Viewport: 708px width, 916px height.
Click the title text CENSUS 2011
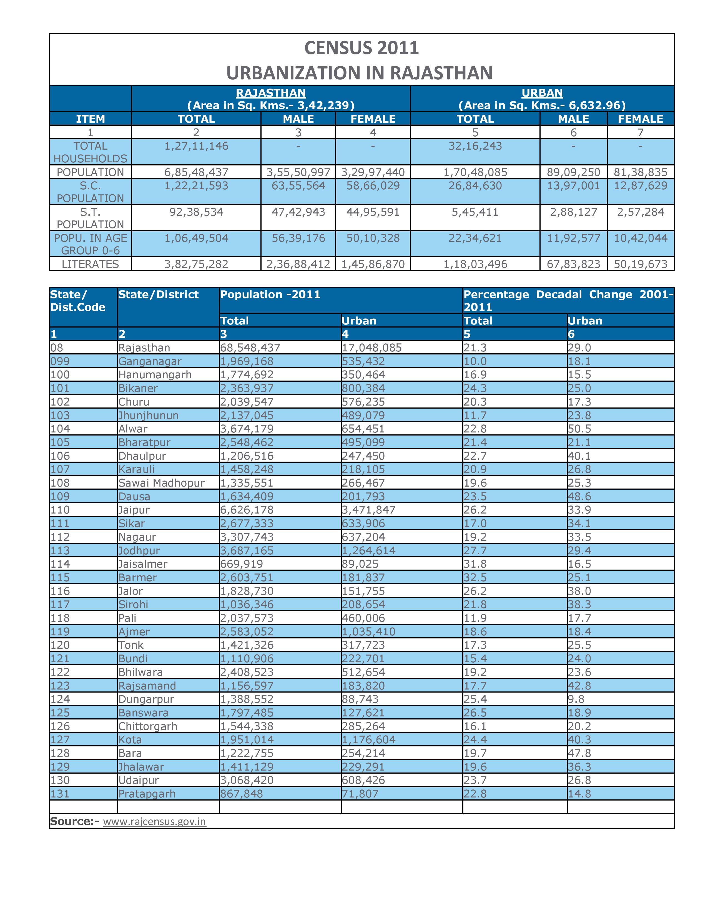361,48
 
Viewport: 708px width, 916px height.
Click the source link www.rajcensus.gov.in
154,821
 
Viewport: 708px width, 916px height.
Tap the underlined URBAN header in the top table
542,93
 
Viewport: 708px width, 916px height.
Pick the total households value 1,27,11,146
196,146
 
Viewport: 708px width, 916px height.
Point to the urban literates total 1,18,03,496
475,264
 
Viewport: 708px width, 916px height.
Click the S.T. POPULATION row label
90,218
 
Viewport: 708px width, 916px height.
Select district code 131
60,794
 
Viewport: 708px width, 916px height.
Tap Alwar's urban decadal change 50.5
579,429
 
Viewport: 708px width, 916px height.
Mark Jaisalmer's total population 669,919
241,564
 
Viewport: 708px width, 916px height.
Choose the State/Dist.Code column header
77,301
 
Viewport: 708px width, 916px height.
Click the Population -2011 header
270,295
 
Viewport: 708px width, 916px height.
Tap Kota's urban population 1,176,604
368,739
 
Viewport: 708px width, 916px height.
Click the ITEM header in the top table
90,119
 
